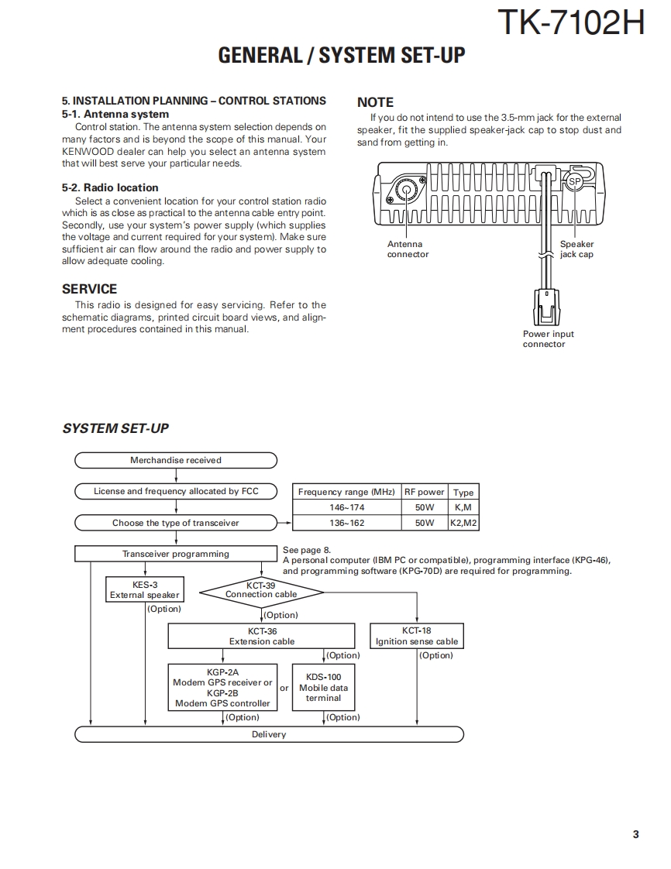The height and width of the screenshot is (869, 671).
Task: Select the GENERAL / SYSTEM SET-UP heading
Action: click(342, 56)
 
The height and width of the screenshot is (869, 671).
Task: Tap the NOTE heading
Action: click(375, 102)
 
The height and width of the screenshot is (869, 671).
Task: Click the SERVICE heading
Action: click(90, 289)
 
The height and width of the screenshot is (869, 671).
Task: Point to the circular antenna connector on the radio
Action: click(405, 191)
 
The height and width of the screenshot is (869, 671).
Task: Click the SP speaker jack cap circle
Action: click(573, 182)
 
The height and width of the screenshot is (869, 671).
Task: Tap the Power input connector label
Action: click(549, 339)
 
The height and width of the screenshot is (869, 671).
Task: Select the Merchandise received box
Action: click(176, 460)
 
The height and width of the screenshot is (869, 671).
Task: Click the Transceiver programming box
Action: click(176, 554)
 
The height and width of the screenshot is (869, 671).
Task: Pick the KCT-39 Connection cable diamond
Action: click(261, 590)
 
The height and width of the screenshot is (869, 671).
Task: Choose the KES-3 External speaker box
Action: click(145, 590)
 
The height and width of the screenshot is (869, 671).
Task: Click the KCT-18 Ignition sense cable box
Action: click(417, 636)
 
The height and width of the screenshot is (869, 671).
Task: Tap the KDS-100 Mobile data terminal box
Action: click(323, 687)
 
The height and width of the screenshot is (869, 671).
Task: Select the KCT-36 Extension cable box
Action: click(262, 636)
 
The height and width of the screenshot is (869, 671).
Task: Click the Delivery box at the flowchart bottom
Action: click(269, 734)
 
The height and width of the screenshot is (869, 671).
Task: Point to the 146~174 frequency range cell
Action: click(346, 507)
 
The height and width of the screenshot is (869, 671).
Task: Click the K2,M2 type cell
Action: click(463, 523)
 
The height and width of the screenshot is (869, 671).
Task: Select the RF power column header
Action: click(425, 492)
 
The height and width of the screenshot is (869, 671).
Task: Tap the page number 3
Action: click(635, 834)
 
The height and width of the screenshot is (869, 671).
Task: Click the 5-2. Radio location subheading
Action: click(110, 187)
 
